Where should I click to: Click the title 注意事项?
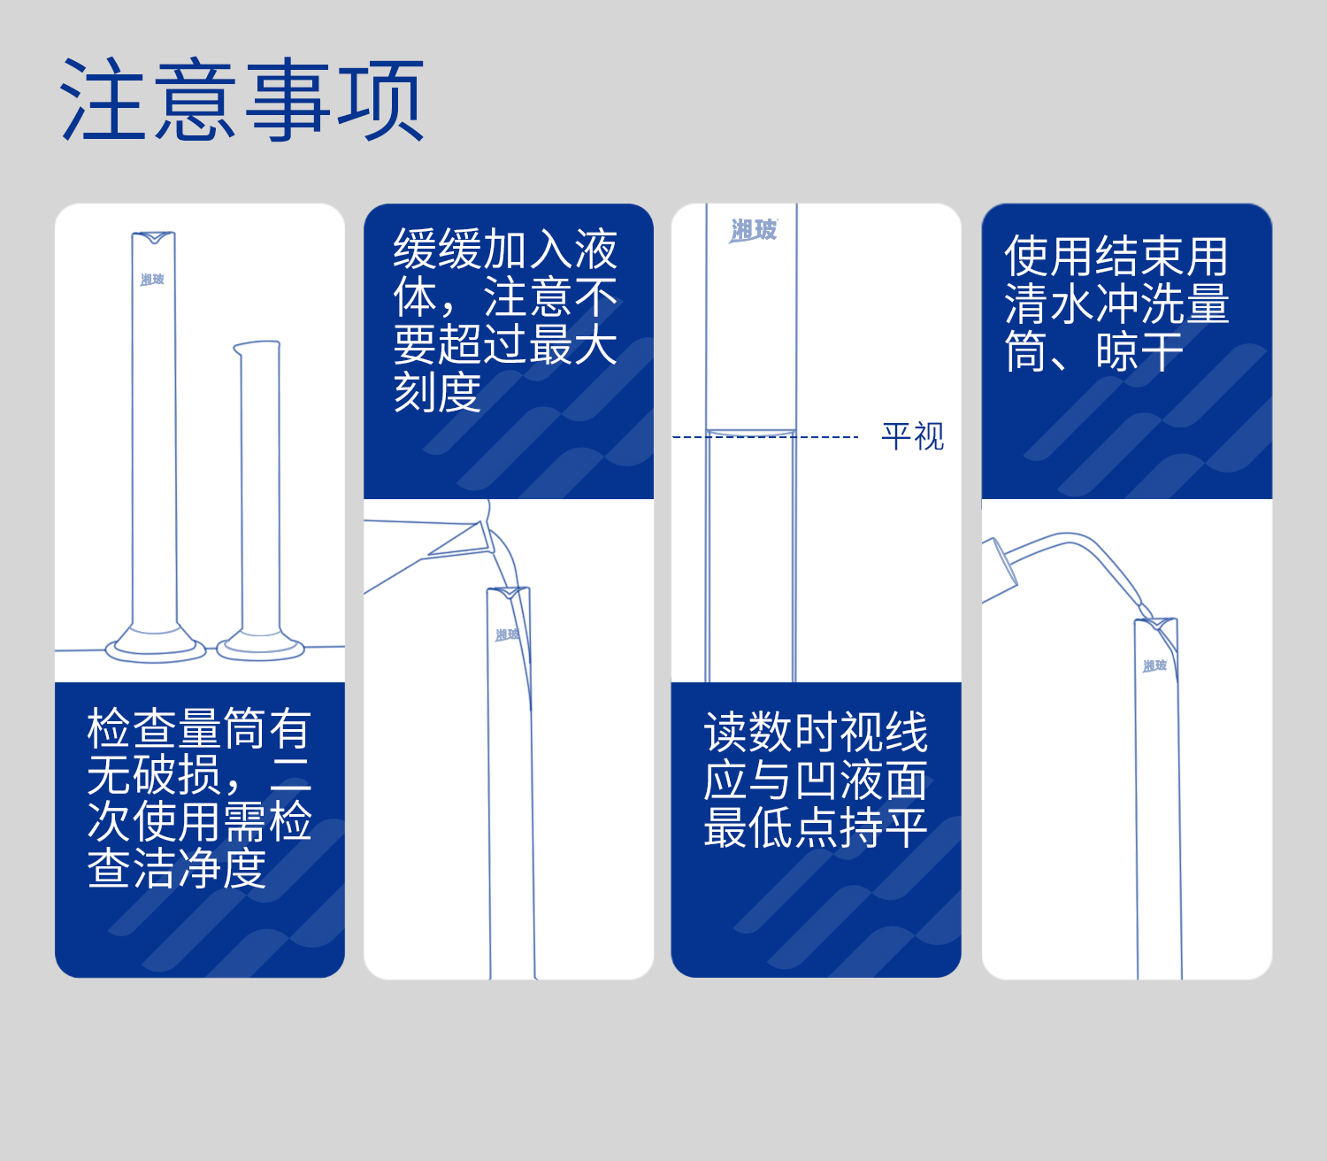click(x=242, y=100)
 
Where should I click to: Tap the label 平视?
click(x=912, y=436)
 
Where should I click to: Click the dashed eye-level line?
click(x=765, y=437)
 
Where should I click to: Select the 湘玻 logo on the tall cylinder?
click(x=152, y=280)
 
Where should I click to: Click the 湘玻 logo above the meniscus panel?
click(x=753, y=231)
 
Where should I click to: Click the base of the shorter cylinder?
click(x=261, y=648)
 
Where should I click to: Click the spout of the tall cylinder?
click(x=154, y=237)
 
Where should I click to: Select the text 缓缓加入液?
click(x=505, y=250)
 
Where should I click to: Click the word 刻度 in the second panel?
click(x=437, y=392)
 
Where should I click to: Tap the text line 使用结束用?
click(x=1116, y=257)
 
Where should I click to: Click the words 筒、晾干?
click(x=1093, y=351)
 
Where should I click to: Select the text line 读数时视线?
click(x=816, y=733)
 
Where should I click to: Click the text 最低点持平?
click(x=816, y=827)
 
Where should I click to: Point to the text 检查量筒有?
click(x=199, y=729)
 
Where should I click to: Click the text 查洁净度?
click(x=177, y=868)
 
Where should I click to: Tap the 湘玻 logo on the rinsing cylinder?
click(x=1154, y=665)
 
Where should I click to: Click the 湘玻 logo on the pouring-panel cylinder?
click(x=508, y=634)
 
